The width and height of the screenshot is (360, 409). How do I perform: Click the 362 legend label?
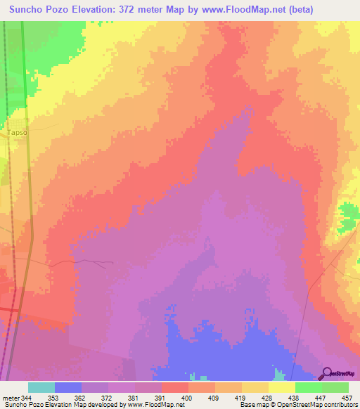(94, 398)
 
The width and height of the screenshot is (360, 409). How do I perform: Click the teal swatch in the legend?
(41, 387)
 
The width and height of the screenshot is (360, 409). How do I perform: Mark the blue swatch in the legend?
(68, 387)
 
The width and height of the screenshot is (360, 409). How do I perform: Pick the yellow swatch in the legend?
(282, 387)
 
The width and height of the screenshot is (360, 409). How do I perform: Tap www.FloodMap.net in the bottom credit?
(156, 405)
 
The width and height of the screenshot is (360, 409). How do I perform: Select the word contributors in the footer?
(340, 405)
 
